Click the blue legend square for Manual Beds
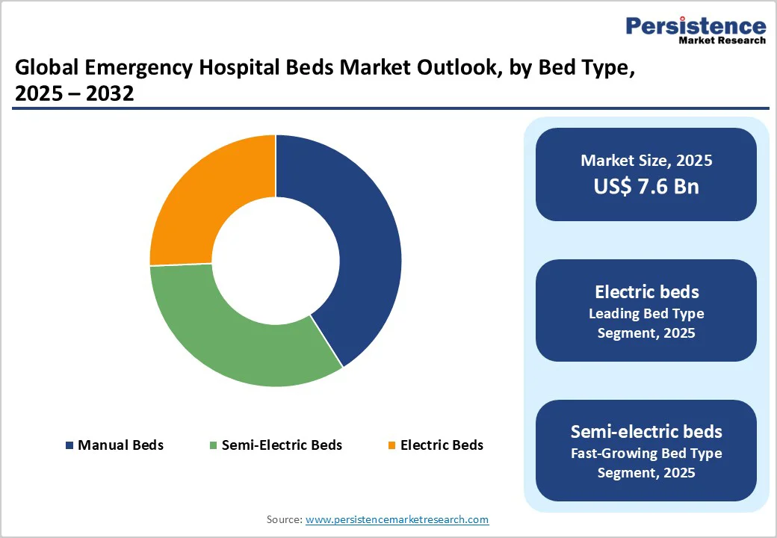69,445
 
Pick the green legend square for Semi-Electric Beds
214,445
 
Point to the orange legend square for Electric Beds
391,445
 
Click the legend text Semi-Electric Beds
282,445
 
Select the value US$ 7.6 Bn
646,186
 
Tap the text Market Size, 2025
646,161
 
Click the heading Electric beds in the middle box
646,291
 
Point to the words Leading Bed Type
646,313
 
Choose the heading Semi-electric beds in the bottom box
646,431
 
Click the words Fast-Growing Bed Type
646,453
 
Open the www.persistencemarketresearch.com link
397,519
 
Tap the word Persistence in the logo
695,25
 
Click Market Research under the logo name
722,41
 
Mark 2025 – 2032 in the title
74,94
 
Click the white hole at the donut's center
276,261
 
